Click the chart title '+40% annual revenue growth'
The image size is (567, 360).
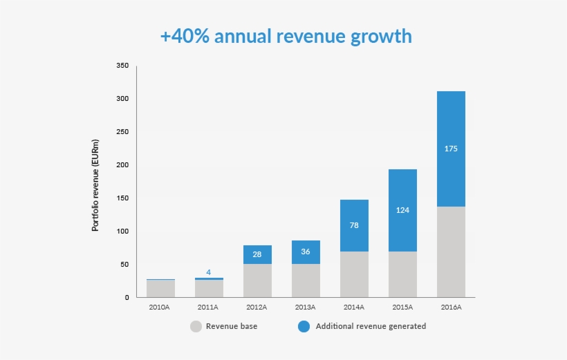pyautogui.click(x=286, y=36)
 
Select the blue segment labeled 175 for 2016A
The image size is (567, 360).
pyautogui.click(x=451, y=149)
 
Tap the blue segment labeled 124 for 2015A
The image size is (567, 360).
pyautogui.click(x=402, y=210)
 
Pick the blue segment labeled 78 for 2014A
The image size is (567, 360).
pyautogui.click(x=354, y=225)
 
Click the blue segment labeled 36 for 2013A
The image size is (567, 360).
pyautogui.click(x=306, y=252)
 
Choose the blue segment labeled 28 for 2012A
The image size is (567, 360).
pyautogui.click(x=257, y=254)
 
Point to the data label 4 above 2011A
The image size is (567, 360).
pyautogui.click(x=208, y=272)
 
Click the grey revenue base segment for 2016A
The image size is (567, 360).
pyautogui.click(x=451, y=252)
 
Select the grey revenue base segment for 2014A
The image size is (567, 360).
pyautogui.click(x=354, y=274)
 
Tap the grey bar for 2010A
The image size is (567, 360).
pyautogui.click(x=160, y=289)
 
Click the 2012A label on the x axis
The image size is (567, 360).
pyautogui.click(x=257, y=307)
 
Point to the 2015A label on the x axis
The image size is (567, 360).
pyautogui.click(x=402, y=307)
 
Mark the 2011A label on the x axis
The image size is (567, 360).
pyautogui.click(x=208, y=307)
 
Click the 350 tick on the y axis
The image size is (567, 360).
pyautogui.click(x=122, y=66)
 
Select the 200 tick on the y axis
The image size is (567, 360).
pyautogui.click(x=122, y=165)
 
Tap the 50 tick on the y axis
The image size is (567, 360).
pyautogui.click(x=124, y=265)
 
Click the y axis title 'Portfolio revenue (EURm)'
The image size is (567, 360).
pyautogui.click(x=95, y=184)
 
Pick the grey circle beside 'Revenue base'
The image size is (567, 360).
pyautogui.click(x=196, y=326)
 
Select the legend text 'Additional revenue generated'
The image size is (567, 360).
pyautogui.click(x=371, y=326)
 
